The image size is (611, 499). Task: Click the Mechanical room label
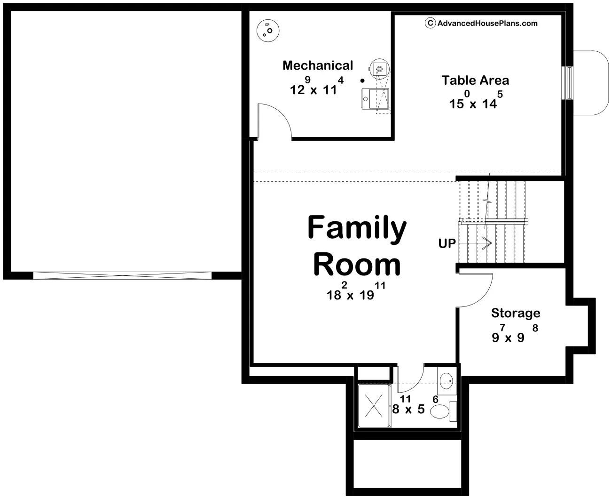318,65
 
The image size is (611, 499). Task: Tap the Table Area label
475,80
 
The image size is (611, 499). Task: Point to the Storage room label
516,314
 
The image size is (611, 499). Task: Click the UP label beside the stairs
447,243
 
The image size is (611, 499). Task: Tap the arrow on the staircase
476,243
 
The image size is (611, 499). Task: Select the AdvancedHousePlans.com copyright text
481,23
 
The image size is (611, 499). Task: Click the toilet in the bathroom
443,411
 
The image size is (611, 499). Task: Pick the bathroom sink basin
446,381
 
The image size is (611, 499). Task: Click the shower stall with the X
374,406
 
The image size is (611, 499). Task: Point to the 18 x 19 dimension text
356,291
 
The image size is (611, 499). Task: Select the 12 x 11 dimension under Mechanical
317,86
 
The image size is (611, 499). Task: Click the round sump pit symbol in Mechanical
268,31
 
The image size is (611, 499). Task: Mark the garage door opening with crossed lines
122,275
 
